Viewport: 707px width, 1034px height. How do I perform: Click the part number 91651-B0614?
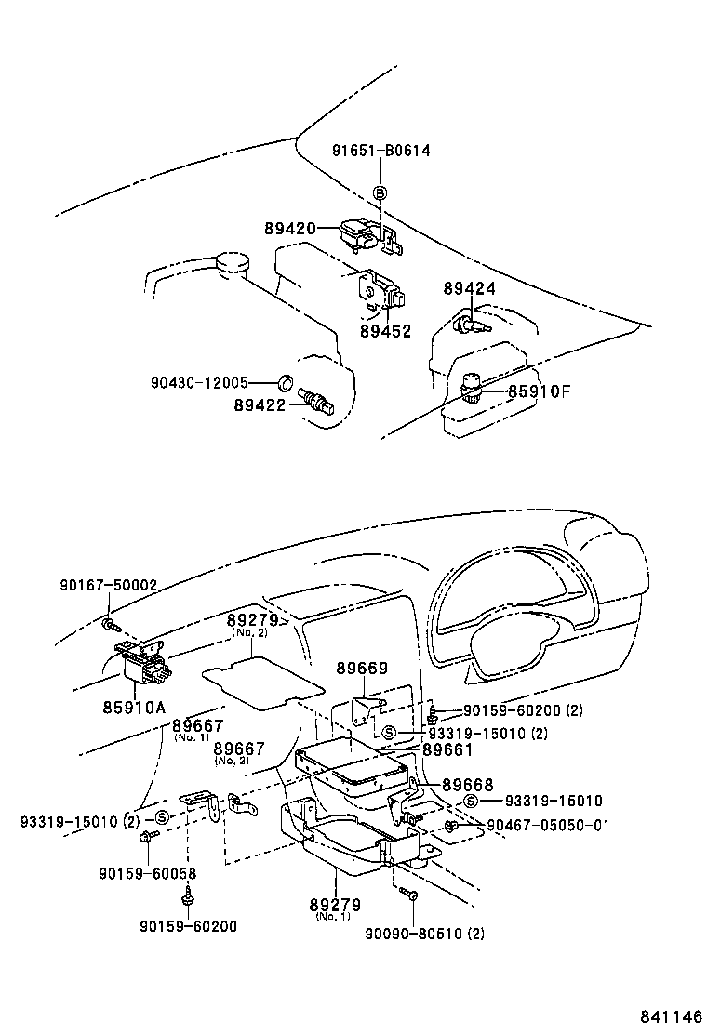(380, 151)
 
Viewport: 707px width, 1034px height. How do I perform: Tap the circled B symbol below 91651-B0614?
(380, 192)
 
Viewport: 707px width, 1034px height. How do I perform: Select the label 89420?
(290, 228)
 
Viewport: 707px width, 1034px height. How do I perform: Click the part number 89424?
(470, 289)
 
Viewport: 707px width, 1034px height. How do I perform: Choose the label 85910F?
(539, 391)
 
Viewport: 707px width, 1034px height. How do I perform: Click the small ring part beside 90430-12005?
(287, 382)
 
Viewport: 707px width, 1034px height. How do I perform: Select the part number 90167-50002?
(109, 585)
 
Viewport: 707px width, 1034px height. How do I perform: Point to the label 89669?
(362, 669)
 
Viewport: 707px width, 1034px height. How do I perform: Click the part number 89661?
(447, 749)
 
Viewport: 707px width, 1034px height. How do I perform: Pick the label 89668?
(467, 785)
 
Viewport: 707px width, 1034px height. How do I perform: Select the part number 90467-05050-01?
(548, 825)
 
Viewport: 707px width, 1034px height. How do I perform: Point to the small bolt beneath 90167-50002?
(108, 623)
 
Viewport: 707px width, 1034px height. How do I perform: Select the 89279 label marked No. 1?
(336, 904)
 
